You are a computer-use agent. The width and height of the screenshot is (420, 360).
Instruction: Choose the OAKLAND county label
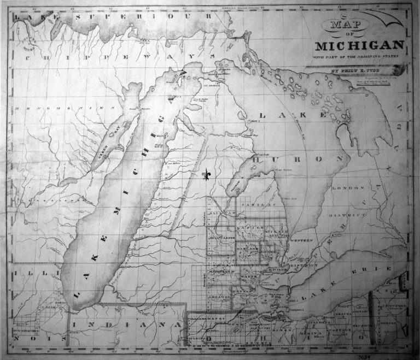[247, 247]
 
